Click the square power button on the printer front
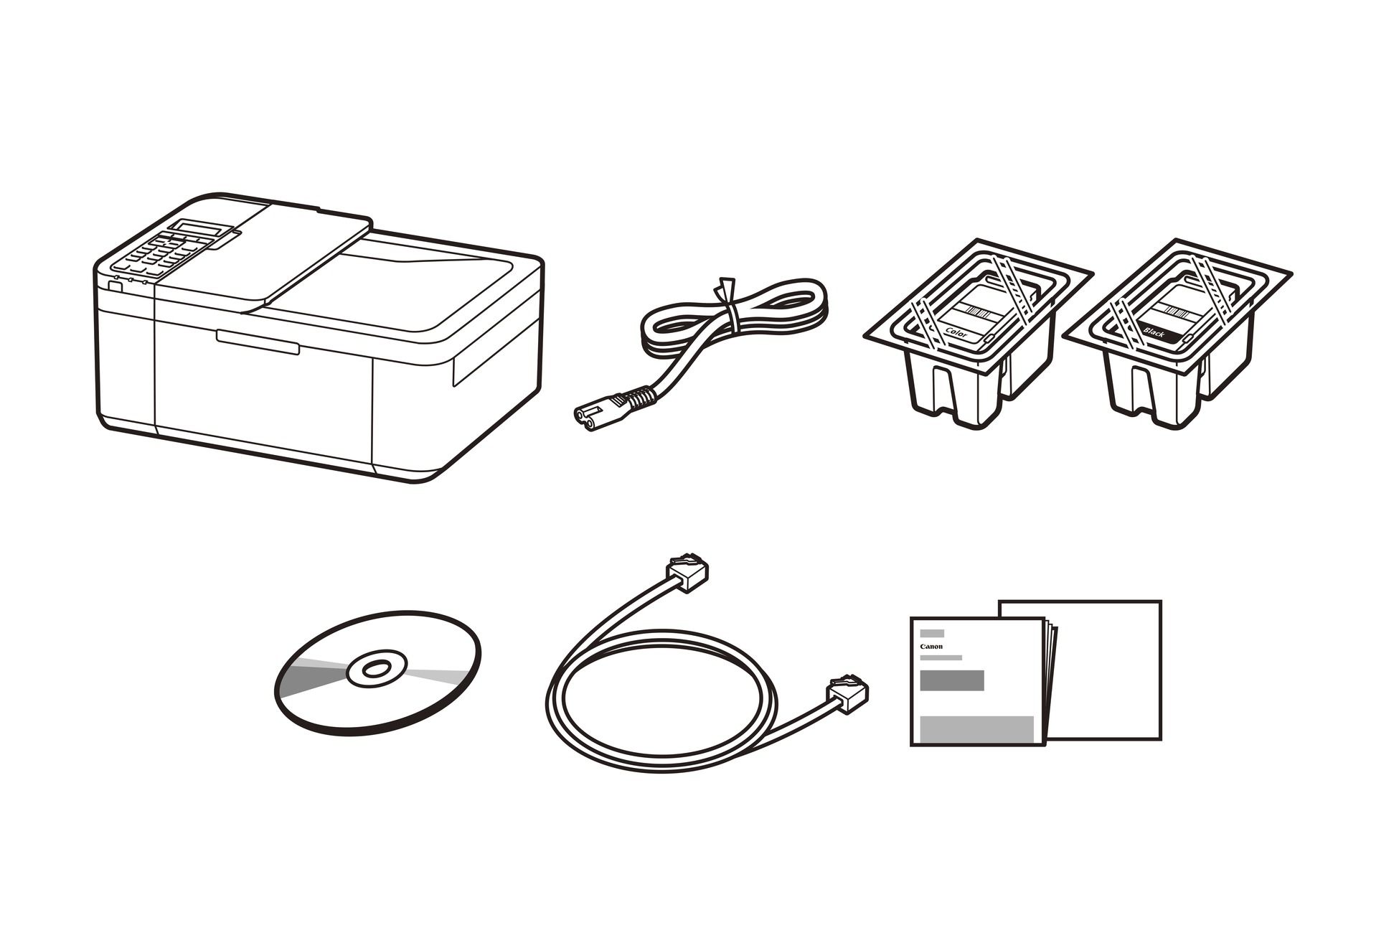[x=115, y=286]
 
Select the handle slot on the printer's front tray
[x=258, y=342]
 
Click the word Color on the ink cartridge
[x=957, y=332]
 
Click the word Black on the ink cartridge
[x=1154, y=332]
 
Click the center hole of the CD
[x=373, y=670]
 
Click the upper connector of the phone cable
[x=687, y=571]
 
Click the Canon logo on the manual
[x=931, y=647]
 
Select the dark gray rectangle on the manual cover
[x=951, y=680]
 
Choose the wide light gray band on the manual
[x=976, y=729]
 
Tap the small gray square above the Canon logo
[x=932, y=633]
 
